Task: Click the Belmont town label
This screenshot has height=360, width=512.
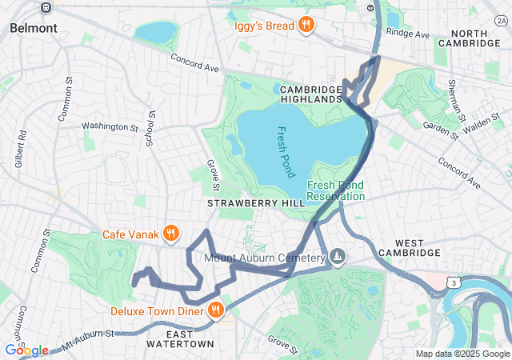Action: coord(33,27)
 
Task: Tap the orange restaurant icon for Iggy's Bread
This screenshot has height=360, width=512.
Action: coord(305,26)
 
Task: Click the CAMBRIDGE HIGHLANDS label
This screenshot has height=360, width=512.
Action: coord(311,94)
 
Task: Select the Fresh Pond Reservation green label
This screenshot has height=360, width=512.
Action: coord(336,190)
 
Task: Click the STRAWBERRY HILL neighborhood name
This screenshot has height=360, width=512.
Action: coord(256,204)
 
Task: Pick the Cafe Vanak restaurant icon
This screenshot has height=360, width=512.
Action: coord(170,234)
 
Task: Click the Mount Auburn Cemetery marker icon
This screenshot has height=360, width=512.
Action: coord(338,257)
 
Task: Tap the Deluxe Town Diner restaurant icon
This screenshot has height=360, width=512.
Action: coord(215,310)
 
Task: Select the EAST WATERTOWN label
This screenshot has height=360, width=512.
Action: coord(180,338)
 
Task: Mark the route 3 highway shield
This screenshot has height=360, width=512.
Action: coord(454,283)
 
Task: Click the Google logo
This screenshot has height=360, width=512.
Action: coord(26,350)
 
